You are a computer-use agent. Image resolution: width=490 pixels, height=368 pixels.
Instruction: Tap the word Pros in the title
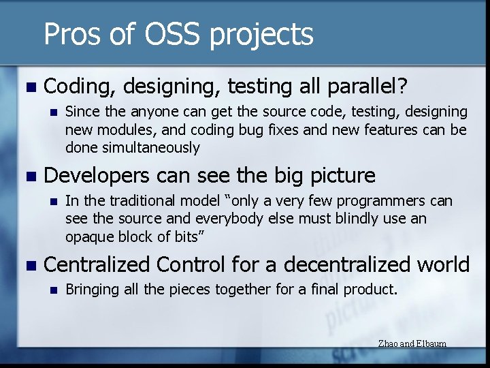point(73,34)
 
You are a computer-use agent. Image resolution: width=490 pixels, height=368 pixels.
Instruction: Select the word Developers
point(96,176)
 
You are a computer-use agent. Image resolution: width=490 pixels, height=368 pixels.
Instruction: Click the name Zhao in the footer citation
point(387,343)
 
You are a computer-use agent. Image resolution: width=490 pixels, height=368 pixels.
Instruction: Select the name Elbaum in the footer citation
point(431,343)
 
